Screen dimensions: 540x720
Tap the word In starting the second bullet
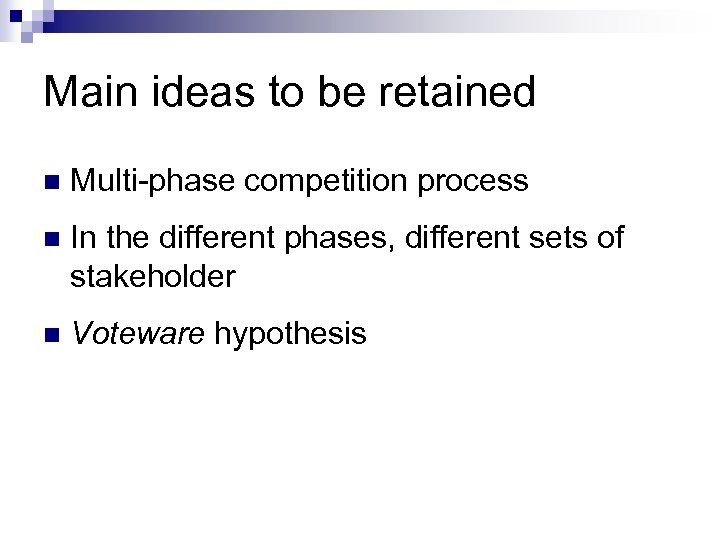point(84,238)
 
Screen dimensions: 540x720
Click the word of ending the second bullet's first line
point(611,238)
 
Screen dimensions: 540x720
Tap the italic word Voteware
point(138,333)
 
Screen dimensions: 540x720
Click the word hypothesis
point(290,334)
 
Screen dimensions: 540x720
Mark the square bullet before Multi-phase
point(52,182)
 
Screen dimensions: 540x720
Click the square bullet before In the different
point(52,239)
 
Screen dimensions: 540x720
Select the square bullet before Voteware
point(52,334)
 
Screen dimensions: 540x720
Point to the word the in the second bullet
point(125,238)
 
